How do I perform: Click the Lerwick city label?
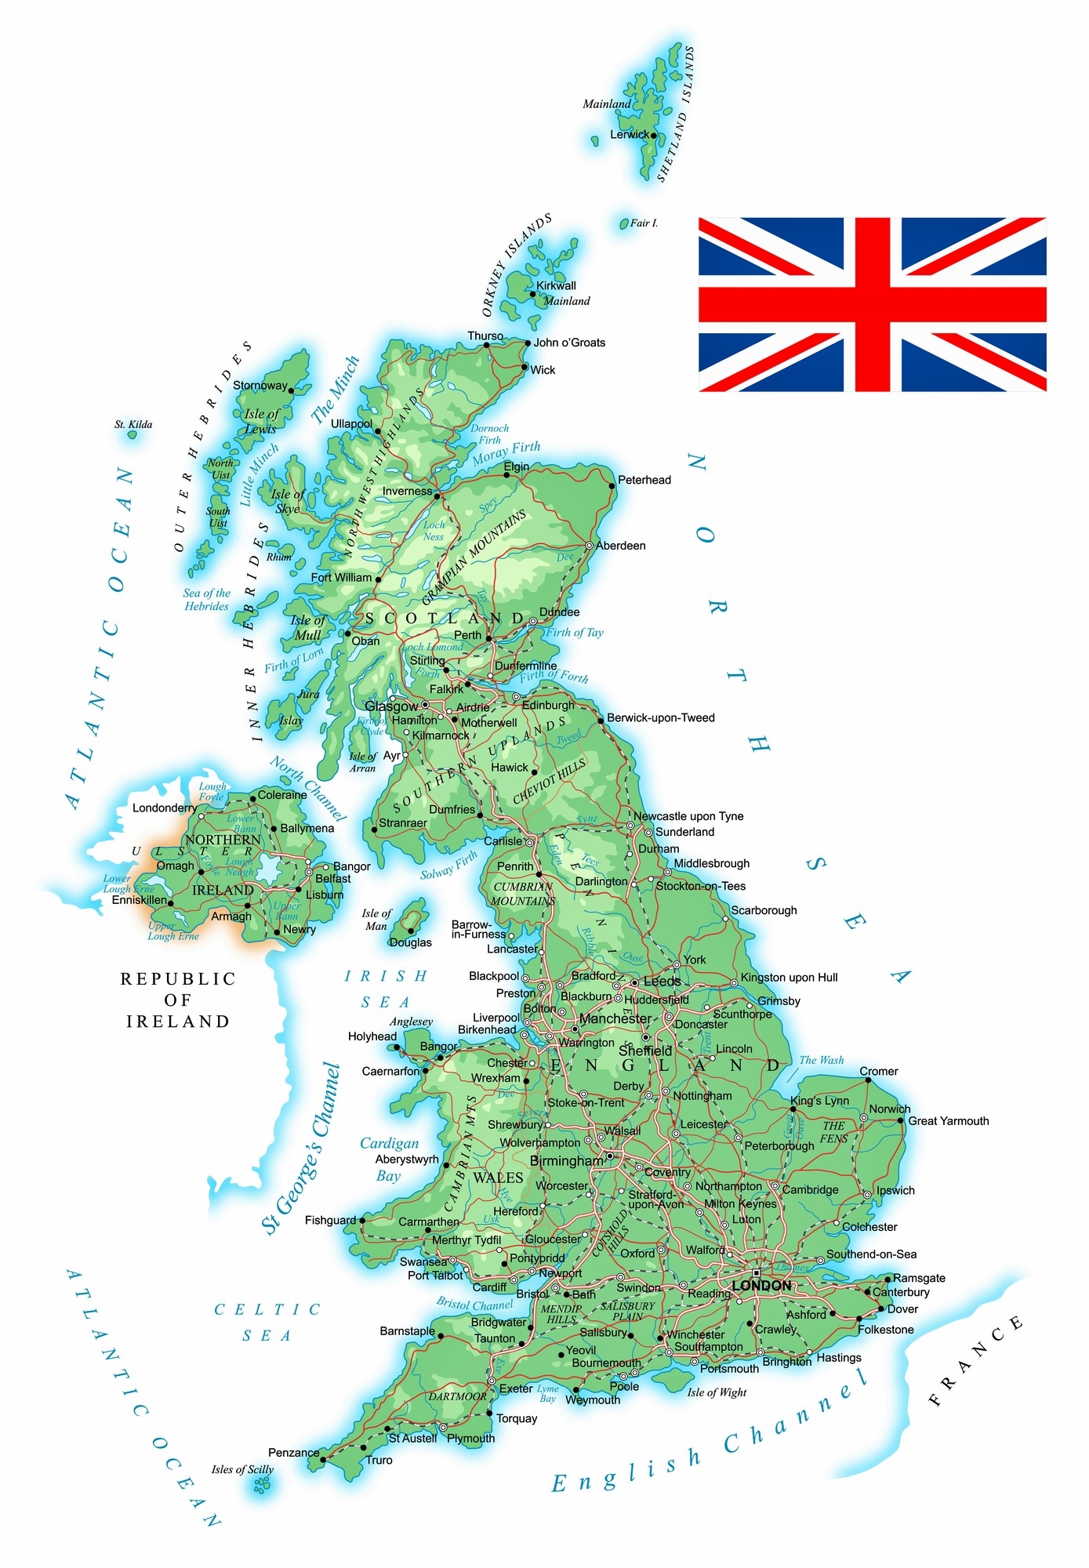629,134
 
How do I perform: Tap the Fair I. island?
625,224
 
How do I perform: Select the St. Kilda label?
133,425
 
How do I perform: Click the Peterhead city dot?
612,486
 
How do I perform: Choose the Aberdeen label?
621,546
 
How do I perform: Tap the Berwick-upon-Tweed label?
660,717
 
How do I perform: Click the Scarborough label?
764,910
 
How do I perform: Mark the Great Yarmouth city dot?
901,1121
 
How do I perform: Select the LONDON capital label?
761,1286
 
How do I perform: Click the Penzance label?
293,1453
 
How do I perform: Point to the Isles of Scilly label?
242,1469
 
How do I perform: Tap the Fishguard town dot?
362,1221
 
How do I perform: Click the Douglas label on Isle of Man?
411,942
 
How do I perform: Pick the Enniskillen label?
139,900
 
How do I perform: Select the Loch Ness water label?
434,531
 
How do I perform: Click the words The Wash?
822,1060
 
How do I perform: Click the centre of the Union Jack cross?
873,304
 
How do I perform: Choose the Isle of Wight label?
717,1392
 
